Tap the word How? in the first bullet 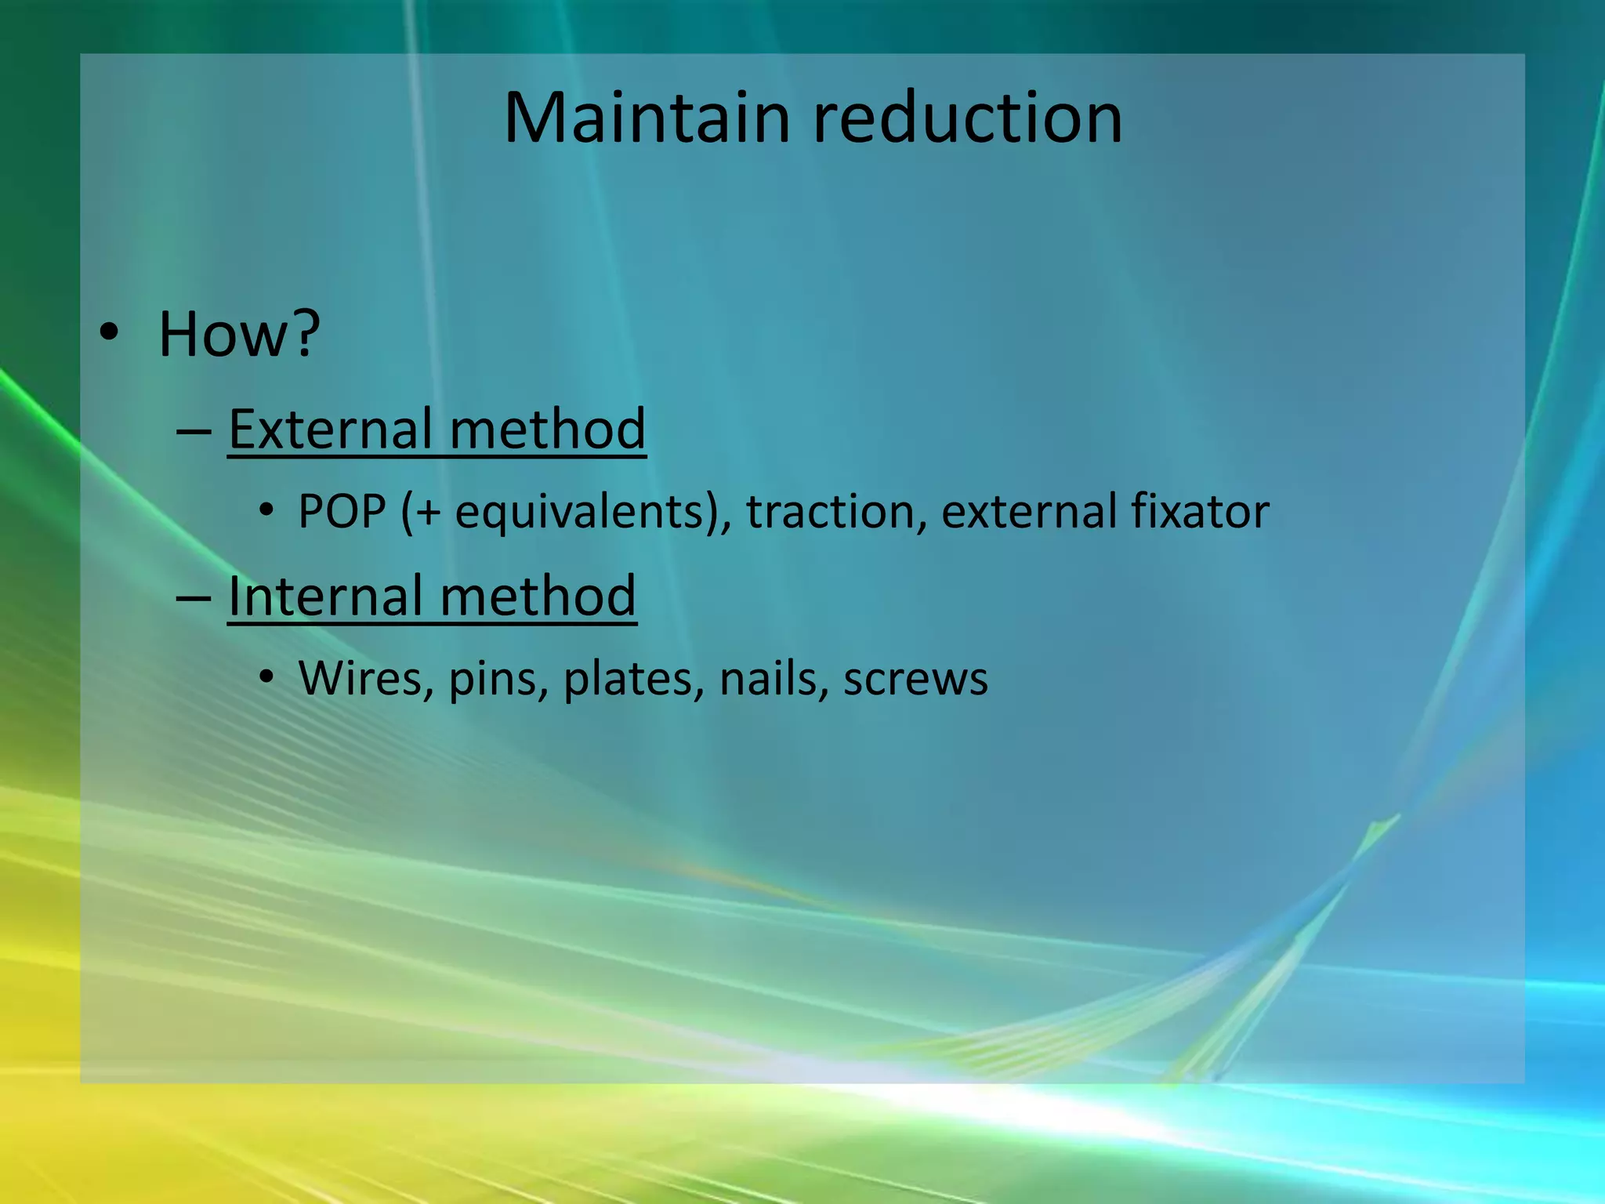coord(239,334)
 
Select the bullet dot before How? coord(110,332)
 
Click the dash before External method coord(194,431)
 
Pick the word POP coord(342,511)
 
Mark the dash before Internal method coord(194,598)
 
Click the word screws coord(915,680)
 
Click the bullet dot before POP coord(267,511)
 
